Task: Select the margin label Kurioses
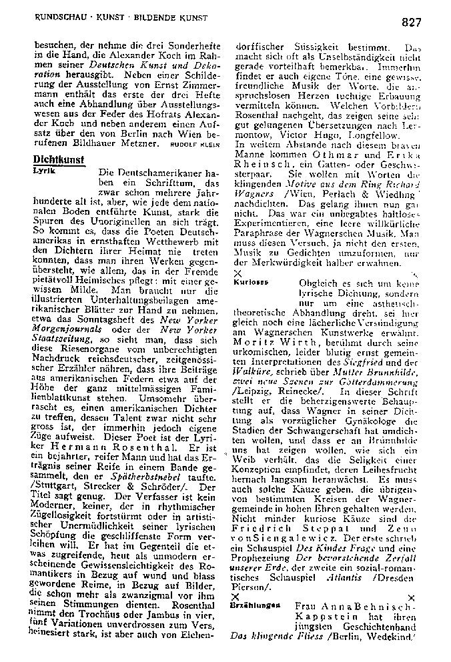(251, 282)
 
